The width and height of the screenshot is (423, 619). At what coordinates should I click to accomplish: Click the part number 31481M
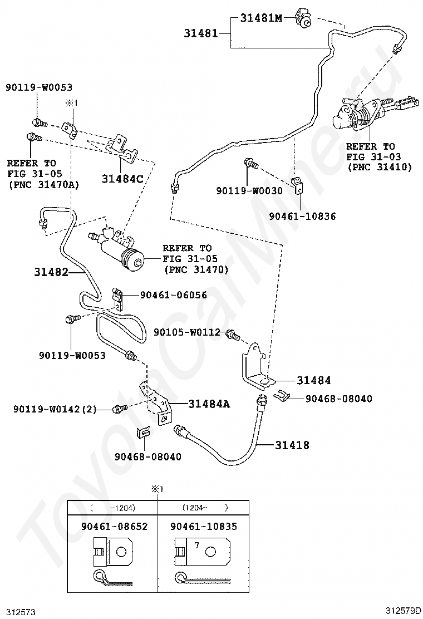click(261, 18)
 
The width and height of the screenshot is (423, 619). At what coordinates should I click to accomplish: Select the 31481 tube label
click(201, 33)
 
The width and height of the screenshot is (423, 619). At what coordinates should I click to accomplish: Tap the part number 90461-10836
click(302, 217)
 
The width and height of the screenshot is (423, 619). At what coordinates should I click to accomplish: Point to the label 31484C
click(122, 179)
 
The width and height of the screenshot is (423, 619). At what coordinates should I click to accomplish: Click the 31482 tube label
click(51, 272)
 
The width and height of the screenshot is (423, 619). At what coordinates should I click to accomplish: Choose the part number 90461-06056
click(173, 295)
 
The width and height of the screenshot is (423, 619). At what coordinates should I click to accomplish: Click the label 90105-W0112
click(187, 332)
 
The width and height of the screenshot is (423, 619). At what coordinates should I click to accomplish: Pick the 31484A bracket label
click(209, 404)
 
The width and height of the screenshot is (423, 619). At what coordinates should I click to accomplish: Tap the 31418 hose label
click(292, 445)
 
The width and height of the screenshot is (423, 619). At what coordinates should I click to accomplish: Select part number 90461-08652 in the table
click(115, 526)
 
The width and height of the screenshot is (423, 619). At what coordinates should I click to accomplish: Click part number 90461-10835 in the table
click(204, 526)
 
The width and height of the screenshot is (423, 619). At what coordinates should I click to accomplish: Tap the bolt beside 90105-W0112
click(233, 336)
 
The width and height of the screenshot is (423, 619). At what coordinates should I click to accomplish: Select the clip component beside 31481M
click(303, 18)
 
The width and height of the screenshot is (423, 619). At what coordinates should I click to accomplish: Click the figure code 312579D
click(404, 611)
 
